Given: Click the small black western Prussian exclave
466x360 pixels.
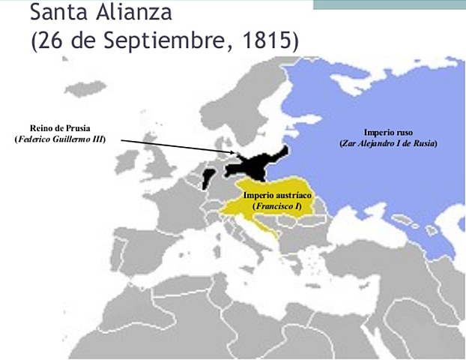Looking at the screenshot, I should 208,178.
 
